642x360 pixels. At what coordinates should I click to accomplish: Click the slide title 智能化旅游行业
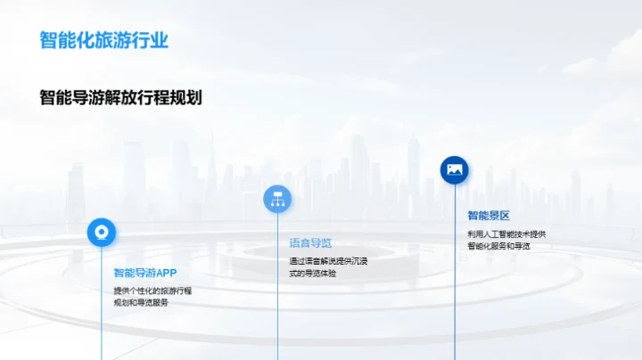(x=104, y=40)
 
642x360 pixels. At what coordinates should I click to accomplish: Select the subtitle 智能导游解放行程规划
(x=120, y=97)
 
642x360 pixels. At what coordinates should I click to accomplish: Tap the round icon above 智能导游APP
(x=101, y=233)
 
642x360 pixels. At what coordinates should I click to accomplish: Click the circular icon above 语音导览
(x=277, y=199)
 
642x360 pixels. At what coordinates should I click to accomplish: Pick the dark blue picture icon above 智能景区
(x=455, y=170)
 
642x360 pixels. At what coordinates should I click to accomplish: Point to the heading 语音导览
(x=310, y=242)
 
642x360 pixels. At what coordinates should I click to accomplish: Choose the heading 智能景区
(x=489, y=216)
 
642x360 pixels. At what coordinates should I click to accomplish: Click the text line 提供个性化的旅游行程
(x=152, y=290)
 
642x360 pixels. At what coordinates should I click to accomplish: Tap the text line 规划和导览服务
(x=141, y=303)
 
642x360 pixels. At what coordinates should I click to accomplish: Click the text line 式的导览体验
(x=313, y=274)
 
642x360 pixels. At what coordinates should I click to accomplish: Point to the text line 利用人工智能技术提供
(x=506, y=234)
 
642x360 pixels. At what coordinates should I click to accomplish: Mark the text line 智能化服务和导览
(x=498, y=246)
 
